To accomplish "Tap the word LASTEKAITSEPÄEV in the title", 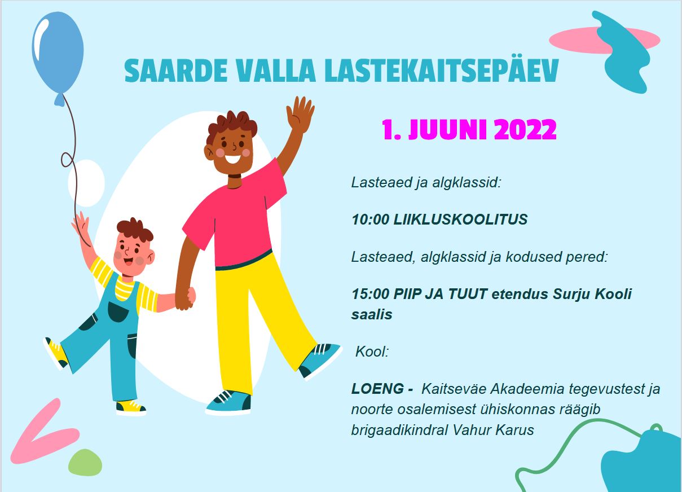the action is [442, 71].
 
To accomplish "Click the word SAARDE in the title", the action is [176, 71].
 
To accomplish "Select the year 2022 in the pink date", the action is [525, 129].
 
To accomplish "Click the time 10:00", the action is [370, 219].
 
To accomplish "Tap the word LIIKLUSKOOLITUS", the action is [460, 219].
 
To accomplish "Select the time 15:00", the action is [370, 294].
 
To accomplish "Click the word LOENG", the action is [377, 389].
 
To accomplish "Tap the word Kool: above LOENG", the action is [372, 352].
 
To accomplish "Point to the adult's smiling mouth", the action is [233, 159].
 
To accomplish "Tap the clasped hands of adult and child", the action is [185, 298].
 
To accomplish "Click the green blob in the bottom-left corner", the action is [85, 463].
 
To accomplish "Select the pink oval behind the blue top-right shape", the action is [604, 40].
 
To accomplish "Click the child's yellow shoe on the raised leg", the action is [56, 353].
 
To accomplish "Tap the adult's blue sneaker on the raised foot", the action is [320, 360].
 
